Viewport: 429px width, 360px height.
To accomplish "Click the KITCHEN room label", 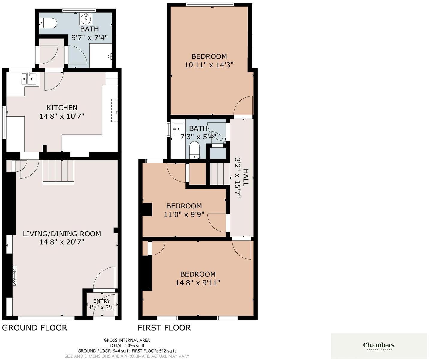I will point(62,108).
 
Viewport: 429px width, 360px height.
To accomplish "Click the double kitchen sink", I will point(29,79).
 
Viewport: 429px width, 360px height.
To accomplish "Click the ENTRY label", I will point(102,301).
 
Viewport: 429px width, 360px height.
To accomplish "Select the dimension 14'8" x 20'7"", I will point(62,242).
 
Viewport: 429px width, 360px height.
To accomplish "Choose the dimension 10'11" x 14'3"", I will point(209,65).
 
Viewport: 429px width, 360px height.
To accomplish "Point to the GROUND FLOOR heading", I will point(34,328).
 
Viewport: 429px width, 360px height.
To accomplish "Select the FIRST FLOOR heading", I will point(164,328).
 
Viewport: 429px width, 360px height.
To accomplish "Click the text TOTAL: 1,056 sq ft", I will point(127,345).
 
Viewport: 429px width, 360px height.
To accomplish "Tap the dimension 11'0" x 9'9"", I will point(184,214).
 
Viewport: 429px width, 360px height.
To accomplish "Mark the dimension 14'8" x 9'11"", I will point(198,282).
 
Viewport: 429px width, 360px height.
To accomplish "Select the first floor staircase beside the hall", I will point(219,174).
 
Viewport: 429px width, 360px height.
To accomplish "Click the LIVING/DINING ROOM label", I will point(62,234).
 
